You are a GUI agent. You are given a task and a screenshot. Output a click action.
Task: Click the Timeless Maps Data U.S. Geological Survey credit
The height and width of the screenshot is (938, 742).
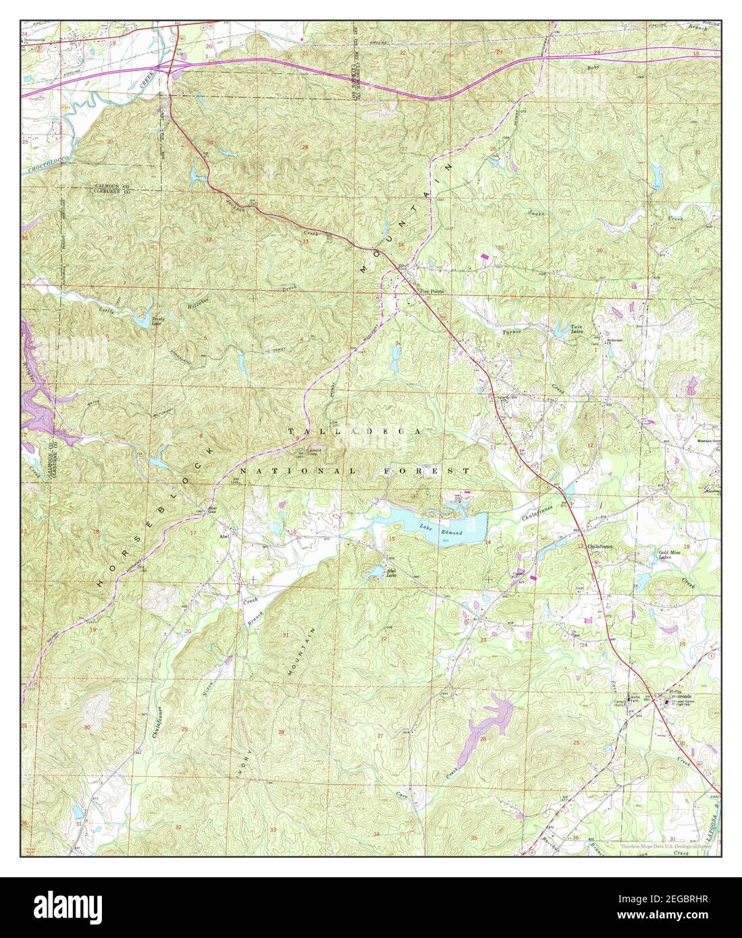pos(665,846)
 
